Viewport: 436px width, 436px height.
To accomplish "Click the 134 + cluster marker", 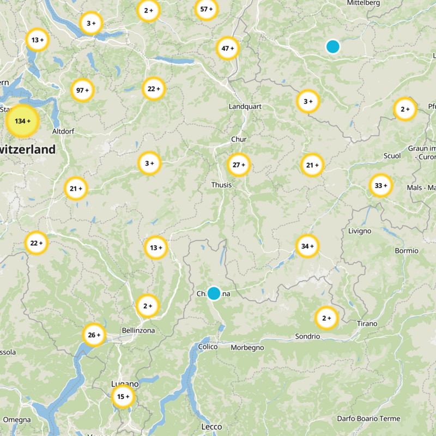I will [22, 121].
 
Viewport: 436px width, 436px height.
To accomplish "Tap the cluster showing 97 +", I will [83, 90].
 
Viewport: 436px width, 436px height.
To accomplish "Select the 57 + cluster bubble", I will [207, 9].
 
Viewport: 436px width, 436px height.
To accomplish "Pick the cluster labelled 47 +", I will [228, 49].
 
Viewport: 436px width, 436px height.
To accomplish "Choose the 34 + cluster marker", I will [307, 246].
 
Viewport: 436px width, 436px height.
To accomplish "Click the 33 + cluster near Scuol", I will [381, 186].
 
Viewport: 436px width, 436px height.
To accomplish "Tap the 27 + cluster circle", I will [239, 165].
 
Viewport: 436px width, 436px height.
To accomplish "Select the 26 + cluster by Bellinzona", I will [94, 335].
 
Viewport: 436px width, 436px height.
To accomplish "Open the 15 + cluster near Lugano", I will [123, 397].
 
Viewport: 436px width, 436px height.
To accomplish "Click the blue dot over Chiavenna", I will [214, 293].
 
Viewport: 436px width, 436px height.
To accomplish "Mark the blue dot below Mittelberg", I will [332, 47].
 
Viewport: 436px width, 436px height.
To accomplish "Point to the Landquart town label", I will [245, 106].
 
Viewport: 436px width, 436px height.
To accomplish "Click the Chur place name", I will [239, 140].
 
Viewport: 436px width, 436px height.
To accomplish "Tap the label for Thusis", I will [221, 185].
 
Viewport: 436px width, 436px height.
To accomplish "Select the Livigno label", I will [359, 231].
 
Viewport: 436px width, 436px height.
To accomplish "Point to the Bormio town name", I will [407, 251].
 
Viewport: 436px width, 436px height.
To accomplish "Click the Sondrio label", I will [307, 336].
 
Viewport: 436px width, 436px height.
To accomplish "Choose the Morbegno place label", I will [247, 347].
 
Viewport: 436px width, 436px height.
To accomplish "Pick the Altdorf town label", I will [63, 131].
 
